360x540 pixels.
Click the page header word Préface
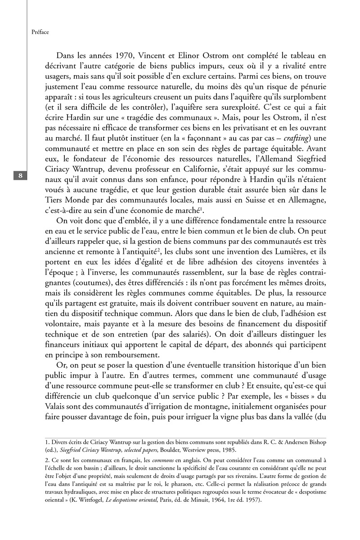click(40, 32)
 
